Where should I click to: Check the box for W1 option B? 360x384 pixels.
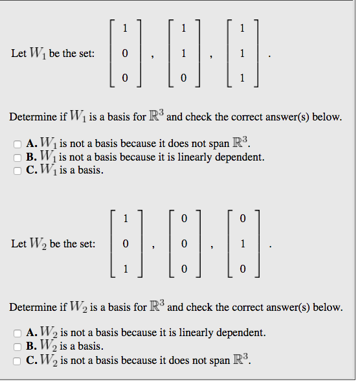(x=17, y=157)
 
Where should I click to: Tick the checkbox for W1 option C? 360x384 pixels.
(x=17, y=171)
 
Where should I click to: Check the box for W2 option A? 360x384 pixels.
(x=17, y=333)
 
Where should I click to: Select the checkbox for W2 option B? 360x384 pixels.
(x=17, y=346)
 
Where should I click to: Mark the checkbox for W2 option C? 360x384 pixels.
(x=17, y=360)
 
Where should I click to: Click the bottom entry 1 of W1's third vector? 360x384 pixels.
(x=242, y=78)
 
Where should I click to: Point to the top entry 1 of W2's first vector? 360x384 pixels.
(x=126, y=219)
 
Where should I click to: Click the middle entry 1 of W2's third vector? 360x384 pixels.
(x=242, y=244)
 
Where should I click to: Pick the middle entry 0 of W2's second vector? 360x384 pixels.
(x=184, y=244)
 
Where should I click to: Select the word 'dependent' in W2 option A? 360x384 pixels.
(x=241, y=333)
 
